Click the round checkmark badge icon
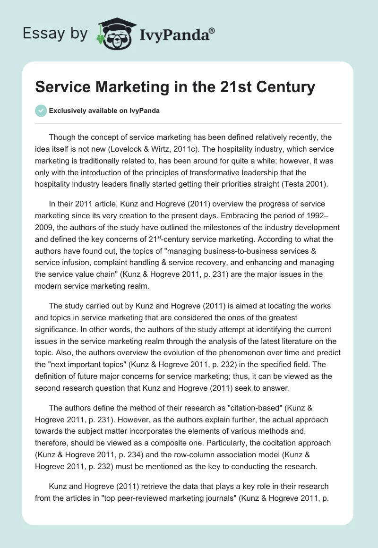click(41, 111)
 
